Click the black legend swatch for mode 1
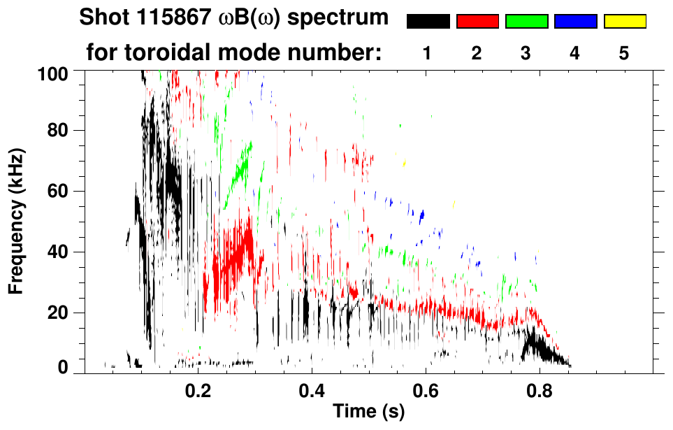pyautogui.click(x=428, y=22)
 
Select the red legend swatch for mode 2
pyautogui.click(x=477, y=22)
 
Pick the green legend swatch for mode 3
pyautogui.click(x=526, y=22)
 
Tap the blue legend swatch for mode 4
pyautogui.click(x=575, y=22)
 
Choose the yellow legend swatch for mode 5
pyautogui.click(x=625, y=22)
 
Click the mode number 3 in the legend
pyautogui.click(x=526, y=53)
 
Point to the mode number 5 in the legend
pyautogui.click(x=625, y=53)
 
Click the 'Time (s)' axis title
pyautogui.click(x=368, y=413)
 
